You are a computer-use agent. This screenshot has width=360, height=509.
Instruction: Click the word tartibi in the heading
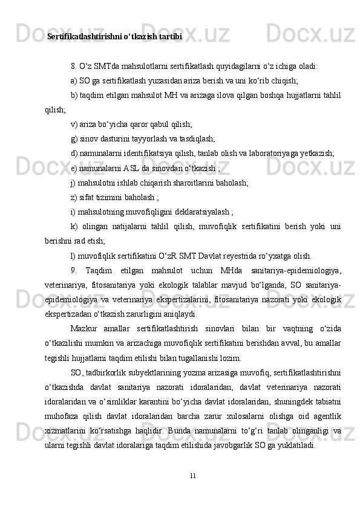[x=171, y=37]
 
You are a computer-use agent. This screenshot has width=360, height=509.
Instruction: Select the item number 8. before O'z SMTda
[x=74, y=66]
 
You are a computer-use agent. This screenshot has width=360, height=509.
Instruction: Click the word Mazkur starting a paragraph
[x=83, y=328]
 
